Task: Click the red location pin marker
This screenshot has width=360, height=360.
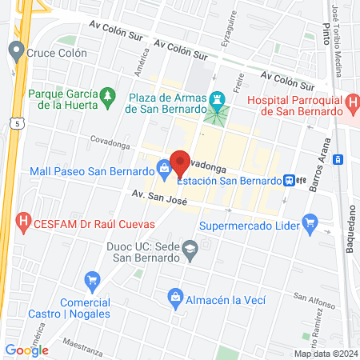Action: (180, 163)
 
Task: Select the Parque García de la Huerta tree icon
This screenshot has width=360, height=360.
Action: (107, 98)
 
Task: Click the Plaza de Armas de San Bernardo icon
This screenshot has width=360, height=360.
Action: (216, 98)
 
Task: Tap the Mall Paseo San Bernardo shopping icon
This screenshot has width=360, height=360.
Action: (164, 168)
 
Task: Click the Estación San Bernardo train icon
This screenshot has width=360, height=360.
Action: (290, 181)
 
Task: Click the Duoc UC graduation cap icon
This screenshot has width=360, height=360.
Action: (190, 249)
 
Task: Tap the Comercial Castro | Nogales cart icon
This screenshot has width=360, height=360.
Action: (91, 280)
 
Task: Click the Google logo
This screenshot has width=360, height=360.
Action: (26, 350)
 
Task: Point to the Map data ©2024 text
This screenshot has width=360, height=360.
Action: (325, 354)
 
